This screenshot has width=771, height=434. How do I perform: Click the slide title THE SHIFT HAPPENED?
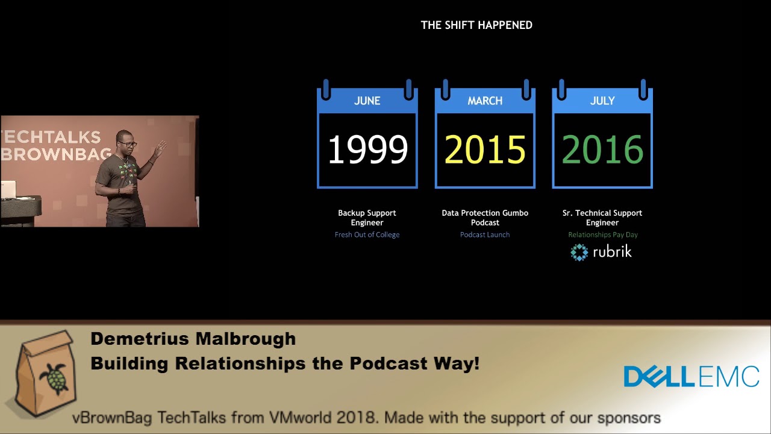pos(476,25)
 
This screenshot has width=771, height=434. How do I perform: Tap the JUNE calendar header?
pos(367,101)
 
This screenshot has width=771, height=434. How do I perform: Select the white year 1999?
pos(367,149)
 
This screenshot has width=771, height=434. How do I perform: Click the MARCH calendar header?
pos(485,101)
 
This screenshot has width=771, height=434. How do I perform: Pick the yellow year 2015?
pos(485,149)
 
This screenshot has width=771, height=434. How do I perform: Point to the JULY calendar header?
pos(602,101)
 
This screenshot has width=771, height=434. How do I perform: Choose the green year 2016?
pos(602,149)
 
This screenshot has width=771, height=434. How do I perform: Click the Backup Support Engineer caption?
pos(367,218)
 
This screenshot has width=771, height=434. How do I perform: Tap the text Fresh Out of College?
pos(367,234)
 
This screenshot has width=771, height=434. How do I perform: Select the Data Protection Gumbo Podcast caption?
pos(485,218)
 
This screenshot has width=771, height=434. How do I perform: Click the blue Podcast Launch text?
pos(485,234)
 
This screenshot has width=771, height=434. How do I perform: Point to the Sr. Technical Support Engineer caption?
pos(602,218)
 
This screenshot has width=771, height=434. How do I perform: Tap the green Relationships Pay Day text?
pos(603,234)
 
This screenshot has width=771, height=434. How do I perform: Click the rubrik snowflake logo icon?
pos(579,252)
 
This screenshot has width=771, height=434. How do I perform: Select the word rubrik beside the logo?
pos(613,251)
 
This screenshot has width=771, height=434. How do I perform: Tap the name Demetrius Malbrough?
pos(193,339)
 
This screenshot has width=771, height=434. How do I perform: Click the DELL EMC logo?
pos(691,377)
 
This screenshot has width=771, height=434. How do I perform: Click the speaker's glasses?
pos(128,144)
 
